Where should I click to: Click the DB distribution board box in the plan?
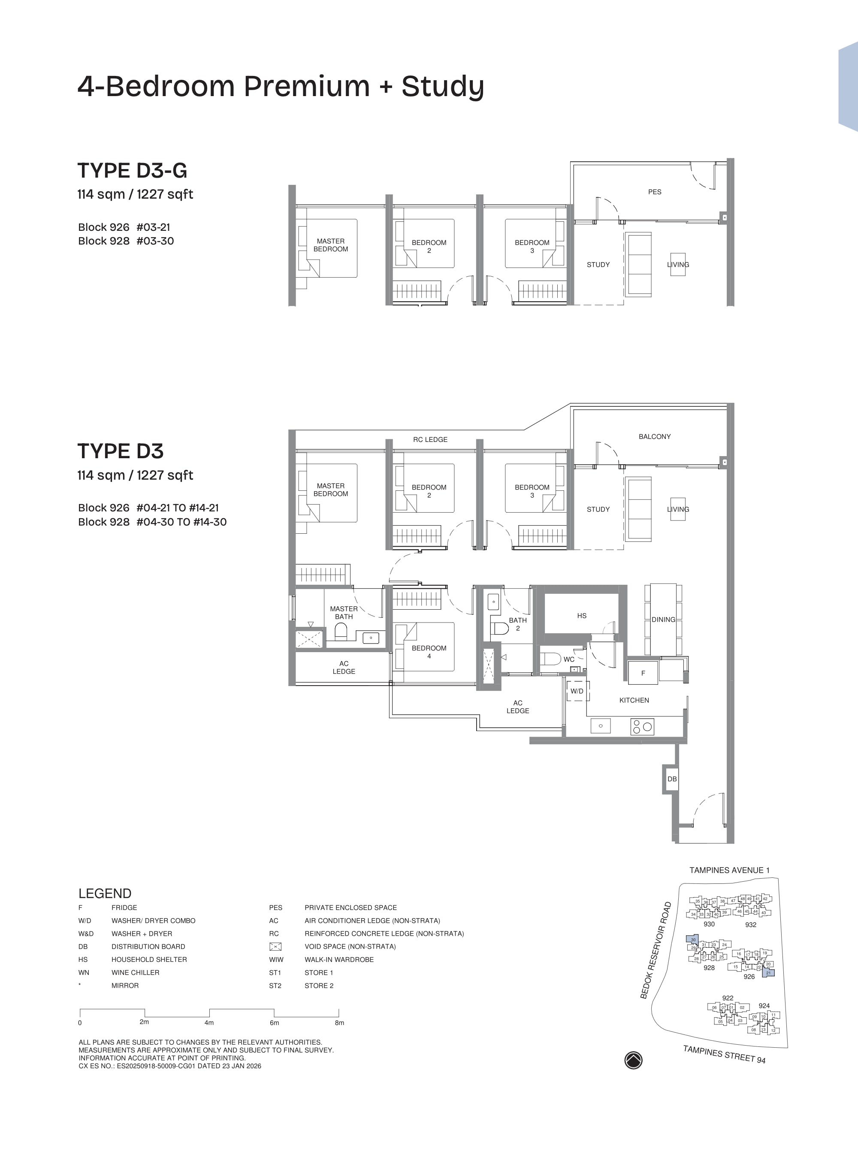coord(671,779)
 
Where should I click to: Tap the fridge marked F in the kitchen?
coord(643,673)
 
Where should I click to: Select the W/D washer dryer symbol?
coord(577,691)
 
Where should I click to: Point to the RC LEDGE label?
coord(430,439)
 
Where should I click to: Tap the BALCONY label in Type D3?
coord(654,436)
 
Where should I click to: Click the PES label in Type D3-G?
coord(654,192)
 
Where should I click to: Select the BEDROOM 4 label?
coord(429,652)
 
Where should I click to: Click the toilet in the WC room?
coord(550,659)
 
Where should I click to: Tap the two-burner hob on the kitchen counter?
coord(642,726)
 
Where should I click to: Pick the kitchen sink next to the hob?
coord(601,726)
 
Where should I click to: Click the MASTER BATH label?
coord(344,612)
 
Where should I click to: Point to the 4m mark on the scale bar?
coord(209,1022)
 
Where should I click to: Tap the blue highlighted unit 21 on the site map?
coord(769,973)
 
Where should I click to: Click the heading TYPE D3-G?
coord(132,170)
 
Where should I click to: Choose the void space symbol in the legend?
coord(275,947)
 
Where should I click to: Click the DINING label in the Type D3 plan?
coord(663,619)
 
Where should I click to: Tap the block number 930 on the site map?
coord(709,924)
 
